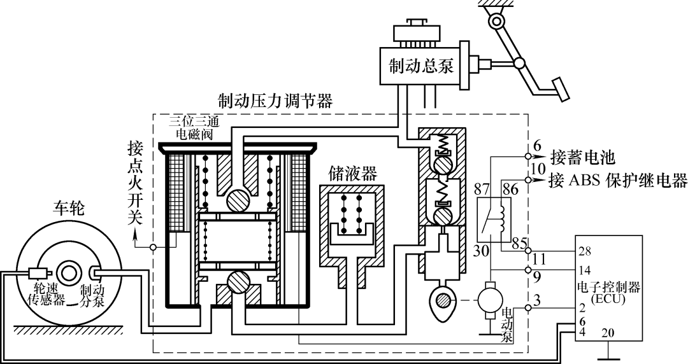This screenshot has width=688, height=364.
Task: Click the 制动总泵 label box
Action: (x=421, y=66)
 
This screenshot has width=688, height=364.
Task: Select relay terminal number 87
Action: (x=482, y=190)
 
